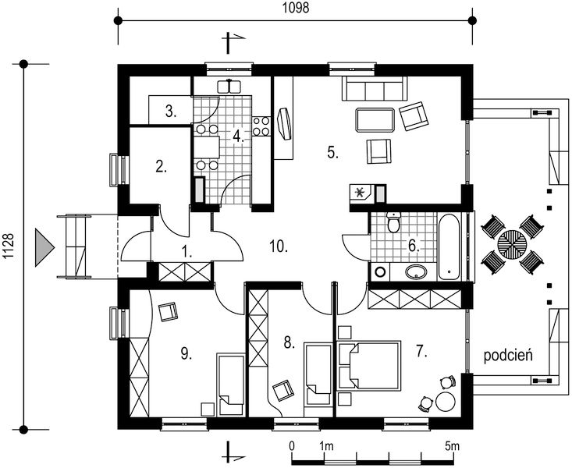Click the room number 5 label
(332, 152)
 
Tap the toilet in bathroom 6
(394, 222)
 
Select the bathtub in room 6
(449, 247)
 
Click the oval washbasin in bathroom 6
(416, 271)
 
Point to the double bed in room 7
(370, 366)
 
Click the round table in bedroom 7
(446, 402)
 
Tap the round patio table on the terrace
(512, 244)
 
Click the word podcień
(508, 355)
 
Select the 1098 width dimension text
(296, 8)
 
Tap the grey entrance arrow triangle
(44, 247)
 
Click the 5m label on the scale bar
(452, 445)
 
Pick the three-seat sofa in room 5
(375, 89)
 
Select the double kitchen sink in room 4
(229, 87)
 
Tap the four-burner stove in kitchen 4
(261, 126)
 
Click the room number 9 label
(186, 353)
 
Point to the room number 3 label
(171, 112)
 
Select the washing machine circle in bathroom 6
(380, 271)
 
